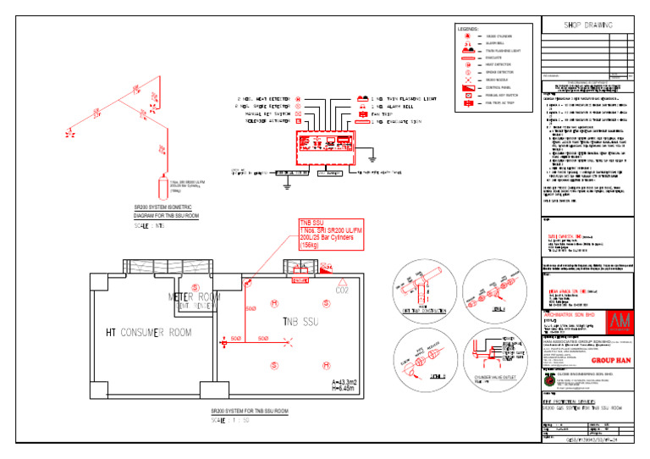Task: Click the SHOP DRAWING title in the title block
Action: pyautogui.click(x=588, y=25)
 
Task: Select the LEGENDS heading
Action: pyautogui.click(x=468, y=29)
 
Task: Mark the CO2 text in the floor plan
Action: pyautogui.click(x=343, y=290)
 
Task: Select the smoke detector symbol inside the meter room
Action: pyautogui.click(x=196, y=287)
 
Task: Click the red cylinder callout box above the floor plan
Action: pyautogui.click(x=327, y=234)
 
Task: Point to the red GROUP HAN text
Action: pyautogui.click(x=625, y=360)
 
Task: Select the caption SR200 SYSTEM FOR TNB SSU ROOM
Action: pyautogui.click(x=249, y=411)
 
